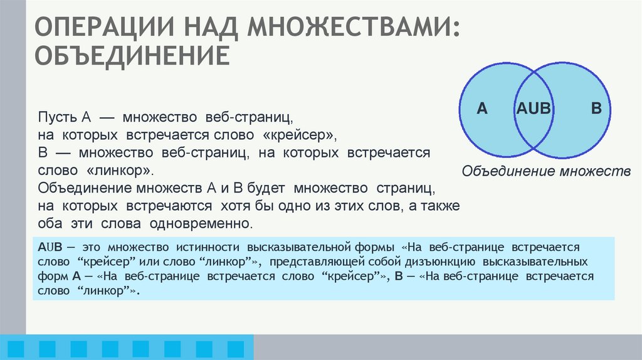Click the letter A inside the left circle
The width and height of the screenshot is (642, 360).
tap(482, 109)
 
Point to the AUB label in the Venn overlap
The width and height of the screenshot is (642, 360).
tap(533, 109)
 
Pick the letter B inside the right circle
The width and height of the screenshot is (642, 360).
tap(596, 109)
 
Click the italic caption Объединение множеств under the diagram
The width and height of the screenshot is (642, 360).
tap(545, 171)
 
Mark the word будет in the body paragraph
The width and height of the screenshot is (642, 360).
tap(253, 188)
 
